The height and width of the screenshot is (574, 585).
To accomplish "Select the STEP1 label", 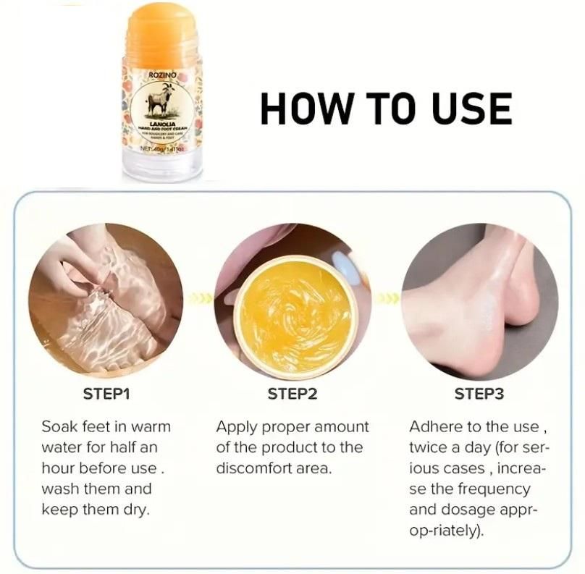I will point(106,394).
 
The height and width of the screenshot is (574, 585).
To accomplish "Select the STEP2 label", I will point(292,394).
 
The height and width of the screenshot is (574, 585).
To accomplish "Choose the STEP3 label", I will point(479,394).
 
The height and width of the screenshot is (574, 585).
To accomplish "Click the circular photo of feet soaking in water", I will point(106,300).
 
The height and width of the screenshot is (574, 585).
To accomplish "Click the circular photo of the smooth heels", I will point(479,300).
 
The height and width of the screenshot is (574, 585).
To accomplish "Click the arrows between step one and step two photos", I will point(199,299).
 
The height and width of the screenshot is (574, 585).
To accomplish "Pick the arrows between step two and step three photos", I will point(387,299).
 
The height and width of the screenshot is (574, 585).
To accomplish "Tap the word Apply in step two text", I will point(235,427).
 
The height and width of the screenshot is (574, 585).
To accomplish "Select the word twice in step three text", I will point(428,447).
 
